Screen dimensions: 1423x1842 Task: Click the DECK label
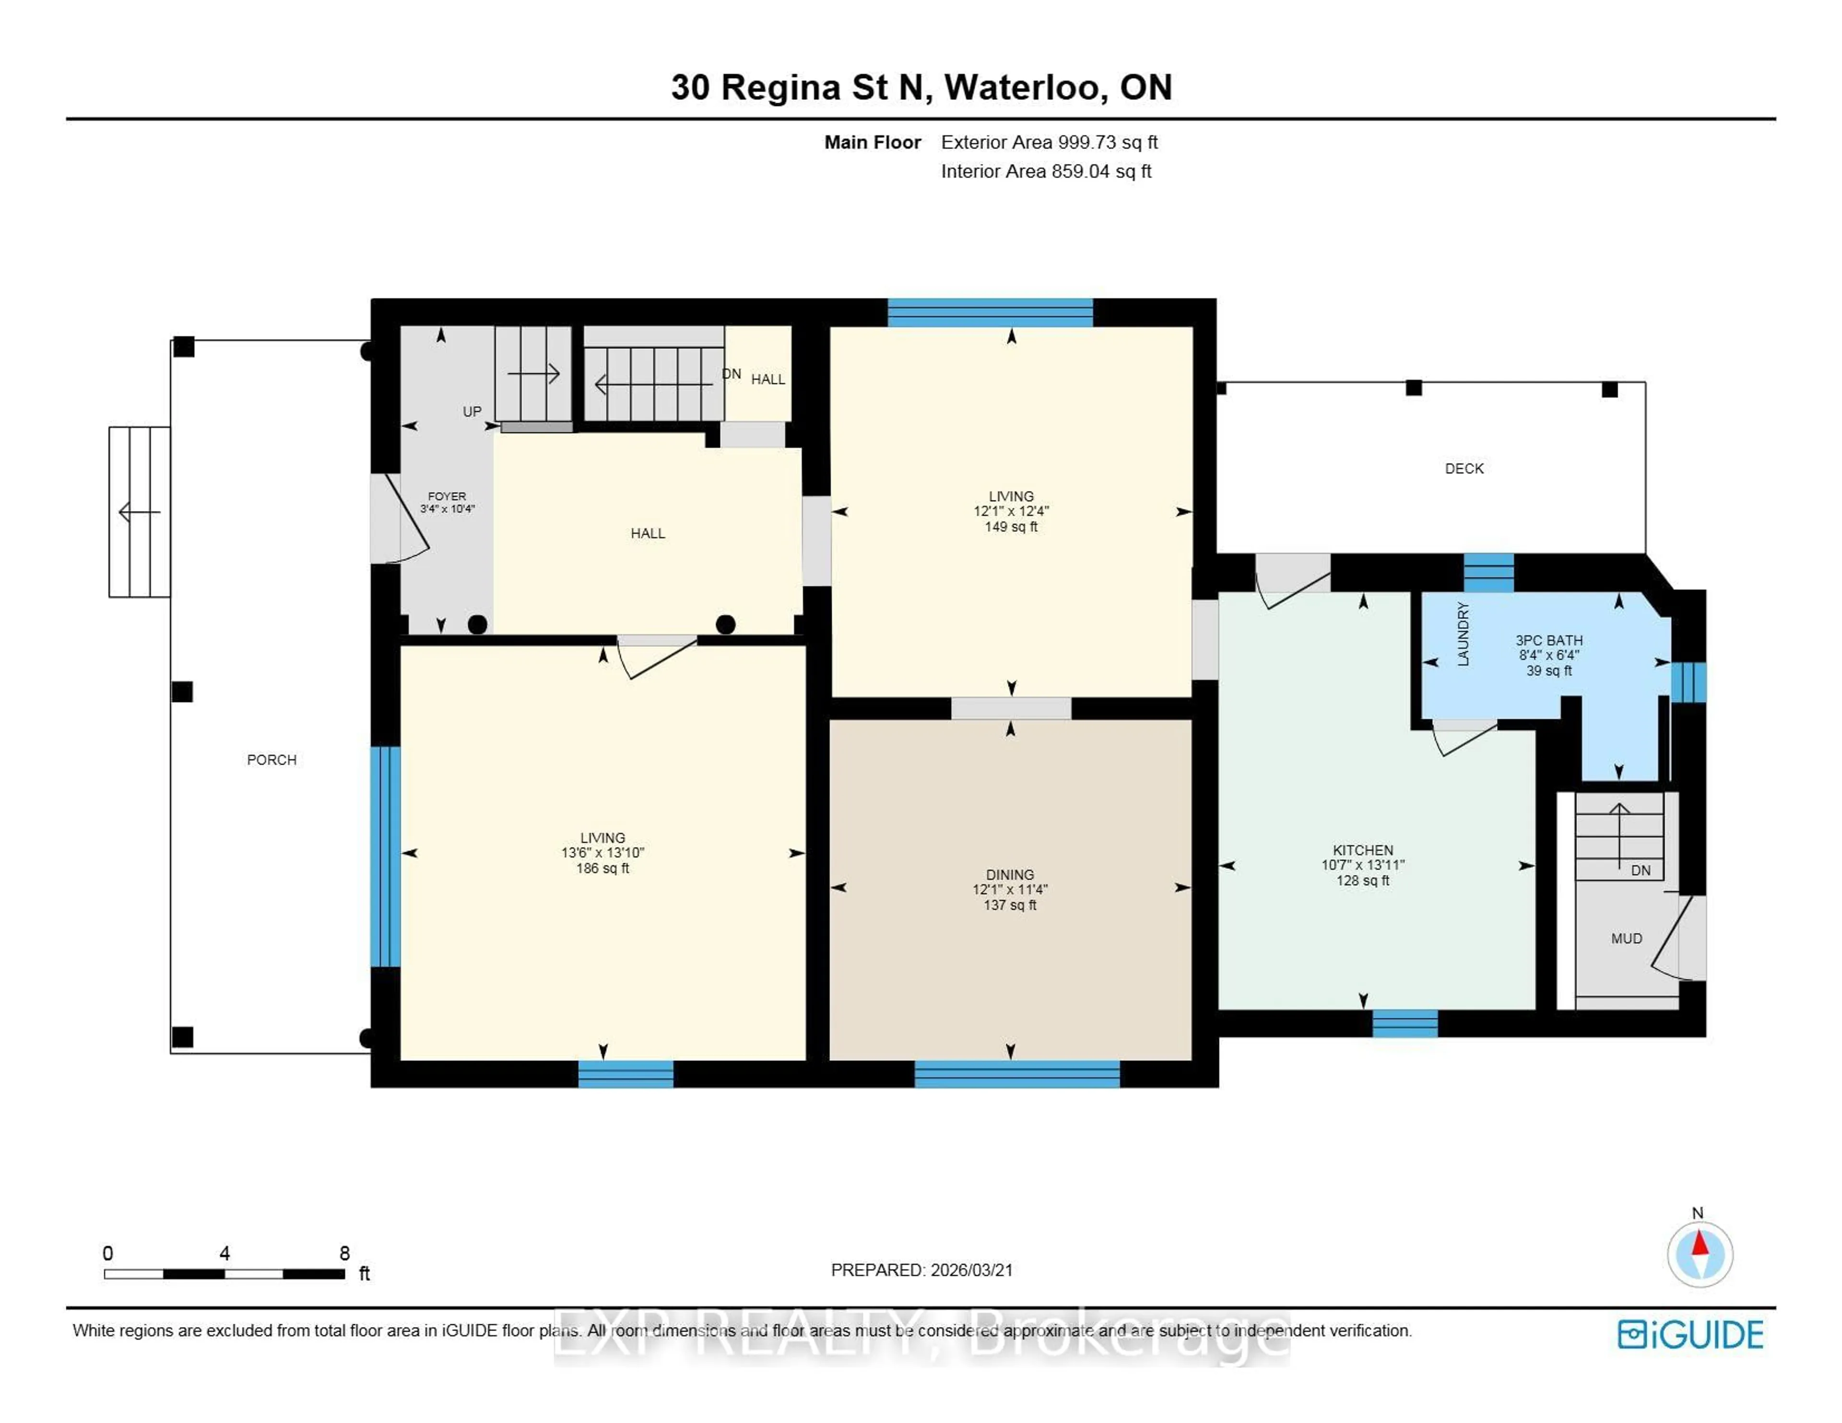pos(1464,468)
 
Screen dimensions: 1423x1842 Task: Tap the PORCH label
pos(272,759)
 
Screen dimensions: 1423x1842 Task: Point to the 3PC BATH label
pos(1548,640)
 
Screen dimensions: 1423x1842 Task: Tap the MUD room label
pos(1626,938)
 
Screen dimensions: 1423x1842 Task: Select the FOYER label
pos(446,496)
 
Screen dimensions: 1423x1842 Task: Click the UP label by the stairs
pos(472,412)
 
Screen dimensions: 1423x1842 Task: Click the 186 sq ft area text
pos(602,868)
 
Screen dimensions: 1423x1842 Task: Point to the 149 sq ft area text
pos(1010,526)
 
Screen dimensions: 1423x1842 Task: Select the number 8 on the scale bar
pos(344,1253)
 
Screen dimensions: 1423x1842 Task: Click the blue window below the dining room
pos(1016,1074)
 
